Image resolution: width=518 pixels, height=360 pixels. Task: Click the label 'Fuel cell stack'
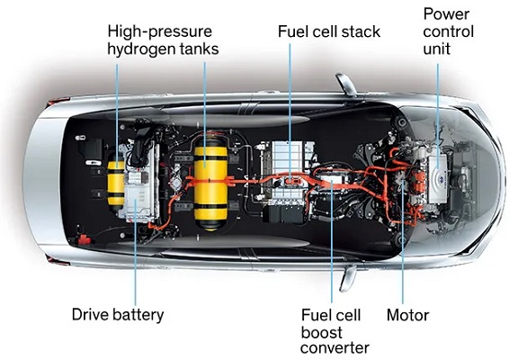[x=329, y=31]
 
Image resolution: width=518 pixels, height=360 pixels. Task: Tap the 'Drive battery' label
[x=118, y=314]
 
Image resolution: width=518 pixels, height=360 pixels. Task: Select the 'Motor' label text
[x=407, y=315]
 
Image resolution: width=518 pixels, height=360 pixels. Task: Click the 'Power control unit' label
[x=448, y=31]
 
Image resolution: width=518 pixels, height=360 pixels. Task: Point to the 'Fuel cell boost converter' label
[x=335, y=331]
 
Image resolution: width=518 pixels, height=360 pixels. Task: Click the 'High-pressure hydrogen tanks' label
[x=163, y=40]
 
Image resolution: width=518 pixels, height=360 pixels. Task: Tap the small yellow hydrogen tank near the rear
[x=116, y=183]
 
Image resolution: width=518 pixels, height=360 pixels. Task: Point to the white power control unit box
[x=438, y=179]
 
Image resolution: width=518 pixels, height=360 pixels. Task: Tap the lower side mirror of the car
[x=348, y=278]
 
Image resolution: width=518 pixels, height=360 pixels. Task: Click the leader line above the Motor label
[x=403, y=243]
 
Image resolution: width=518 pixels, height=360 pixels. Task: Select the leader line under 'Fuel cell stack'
[x=290, y=112]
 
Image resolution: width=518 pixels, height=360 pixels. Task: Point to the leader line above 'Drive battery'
[x=136, y=253]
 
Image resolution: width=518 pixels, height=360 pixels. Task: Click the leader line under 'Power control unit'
[x=438, y=116]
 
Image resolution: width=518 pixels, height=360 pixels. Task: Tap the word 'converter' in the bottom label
[x=335, y=348]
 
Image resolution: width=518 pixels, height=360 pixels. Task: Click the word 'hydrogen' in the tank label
[x=141, y=49]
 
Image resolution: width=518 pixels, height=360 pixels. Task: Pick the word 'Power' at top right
[x=446, y=14]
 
